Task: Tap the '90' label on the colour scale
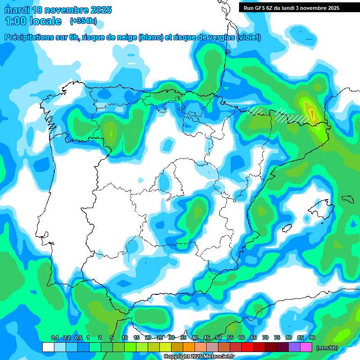[312, 337]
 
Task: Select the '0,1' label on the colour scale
[54, 337]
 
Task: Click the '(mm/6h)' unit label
[327, 348]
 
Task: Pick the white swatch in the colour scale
[48, 347]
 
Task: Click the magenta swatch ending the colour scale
[306, 347]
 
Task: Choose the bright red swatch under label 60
[247, 347]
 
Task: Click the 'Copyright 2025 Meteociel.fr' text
[199, 357]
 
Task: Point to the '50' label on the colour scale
[218, 337]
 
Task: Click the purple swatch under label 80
[294, 347]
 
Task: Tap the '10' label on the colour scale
[125, 337]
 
